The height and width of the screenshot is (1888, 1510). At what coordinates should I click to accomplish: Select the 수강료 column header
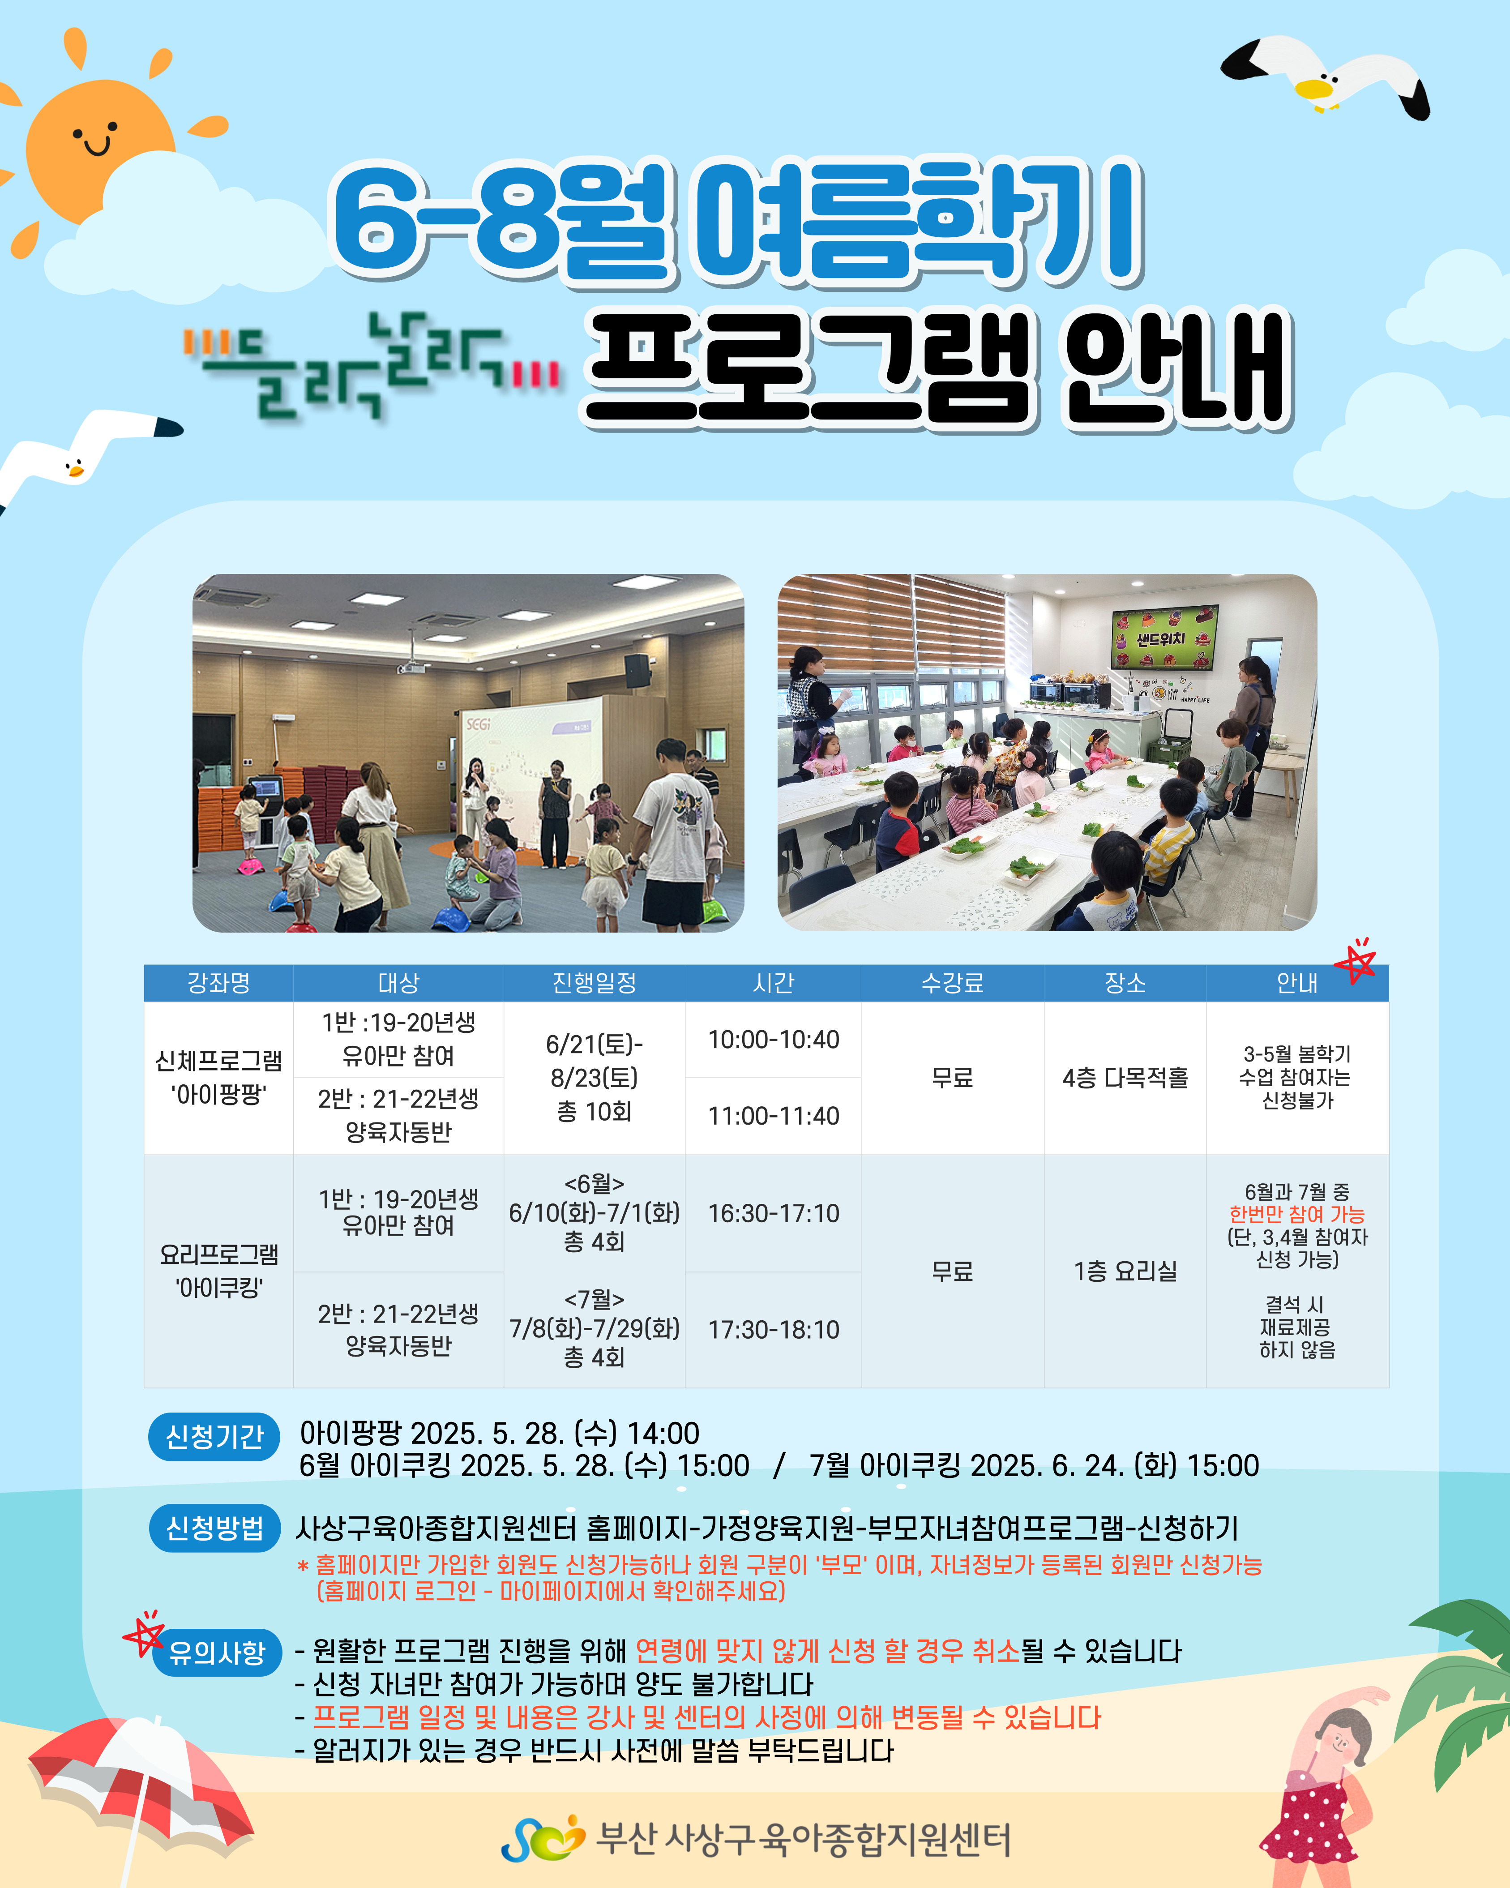952,983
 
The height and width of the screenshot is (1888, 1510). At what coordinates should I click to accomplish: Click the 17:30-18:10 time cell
774,1329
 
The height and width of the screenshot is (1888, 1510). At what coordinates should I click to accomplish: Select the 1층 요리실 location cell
1125,1271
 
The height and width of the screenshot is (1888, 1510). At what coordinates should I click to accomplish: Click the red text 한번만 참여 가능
1297,1215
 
